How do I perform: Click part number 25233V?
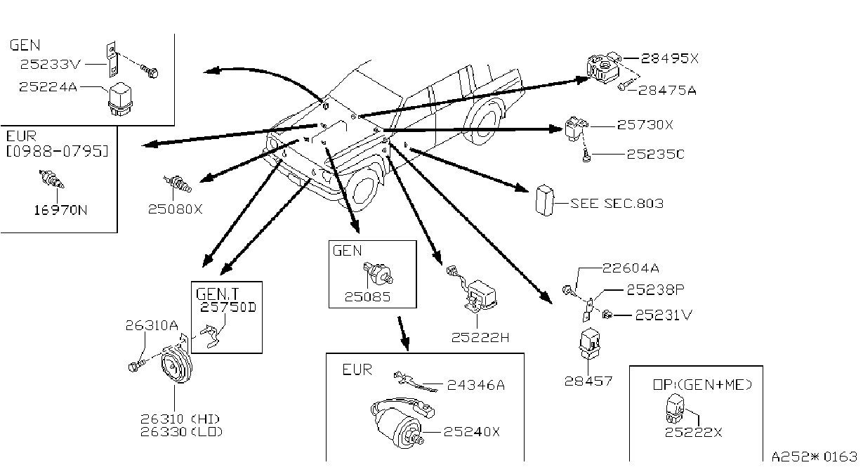pyautogui.click(x=50, y=65)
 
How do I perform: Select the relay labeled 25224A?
pyautogui.click(x=120, y=100)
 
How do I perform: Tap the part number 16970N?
pyautogui.click(x=60, y=211)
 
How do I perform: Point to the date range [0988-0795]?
pyautogui.click(x=58, y=151)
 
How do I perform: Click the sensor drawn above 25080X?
pyautogui.click(x=177, y=183)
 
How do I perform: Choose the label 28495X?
pyautogui.click(x=670, y=58)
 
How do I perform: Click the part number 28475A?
pyautogui.click(x=667, y=91)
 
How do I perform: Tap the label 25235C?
pyautogui.click(x=655, y=155)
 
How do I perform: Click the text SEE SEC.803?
pyautogui.click(x=617, y=204)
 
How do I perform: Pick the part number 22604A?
pyautogui.click(x=631, y=268)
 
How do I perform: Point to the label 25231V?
pyautogui.click(x=664, y=315)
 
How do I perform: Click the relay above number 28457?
pyautogui.click(x=589, y=343)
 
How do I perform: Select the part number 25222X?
pyautogui.click(x=694, y=432)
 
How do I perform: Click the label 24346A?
pyautogui.click(x=476, y=385)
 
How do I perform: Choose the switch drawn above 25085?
pyautogui.click(x=378, y=273)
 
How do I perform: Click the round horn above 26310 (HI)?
pyautogui.click(x=176, y=363)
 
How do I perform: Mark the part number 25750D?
pyautogui.click(x=228, y=307)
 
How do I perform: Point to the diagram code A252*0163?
pyautogui.click(x=815, y=457)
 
